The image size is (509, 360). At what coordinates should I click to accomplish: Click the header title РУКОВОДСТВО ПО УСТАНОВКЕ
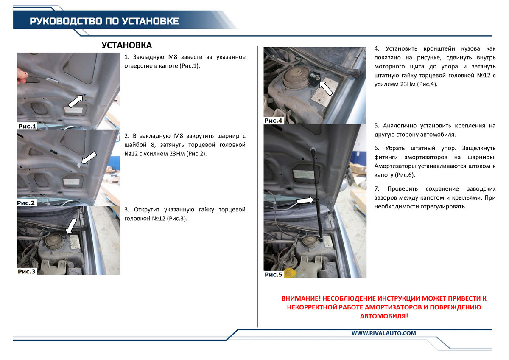coord(104,21)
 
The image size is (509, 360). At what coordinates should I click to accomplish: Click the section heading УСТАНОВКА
coord(127,45)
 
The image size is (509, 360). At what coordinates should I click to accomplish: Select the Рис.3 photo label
coord(27,271)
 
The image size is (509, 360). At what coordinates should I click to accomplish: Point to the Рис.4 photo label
coord(274,121)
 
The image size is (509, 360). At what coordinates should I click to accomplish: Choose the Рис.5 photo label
coord(274,274)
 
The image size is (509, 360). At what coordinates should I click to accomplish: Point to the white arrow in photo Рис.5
coord(306,200)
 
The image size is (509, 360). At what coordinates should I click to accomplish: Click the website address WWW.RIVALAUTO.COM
coord(383,333)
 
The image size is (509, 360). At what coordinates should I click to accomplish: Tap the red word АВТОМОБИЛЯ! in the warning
coord(384,316)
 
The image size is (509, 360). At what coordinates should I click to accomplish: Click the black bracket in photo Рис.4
coord(314,79)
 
